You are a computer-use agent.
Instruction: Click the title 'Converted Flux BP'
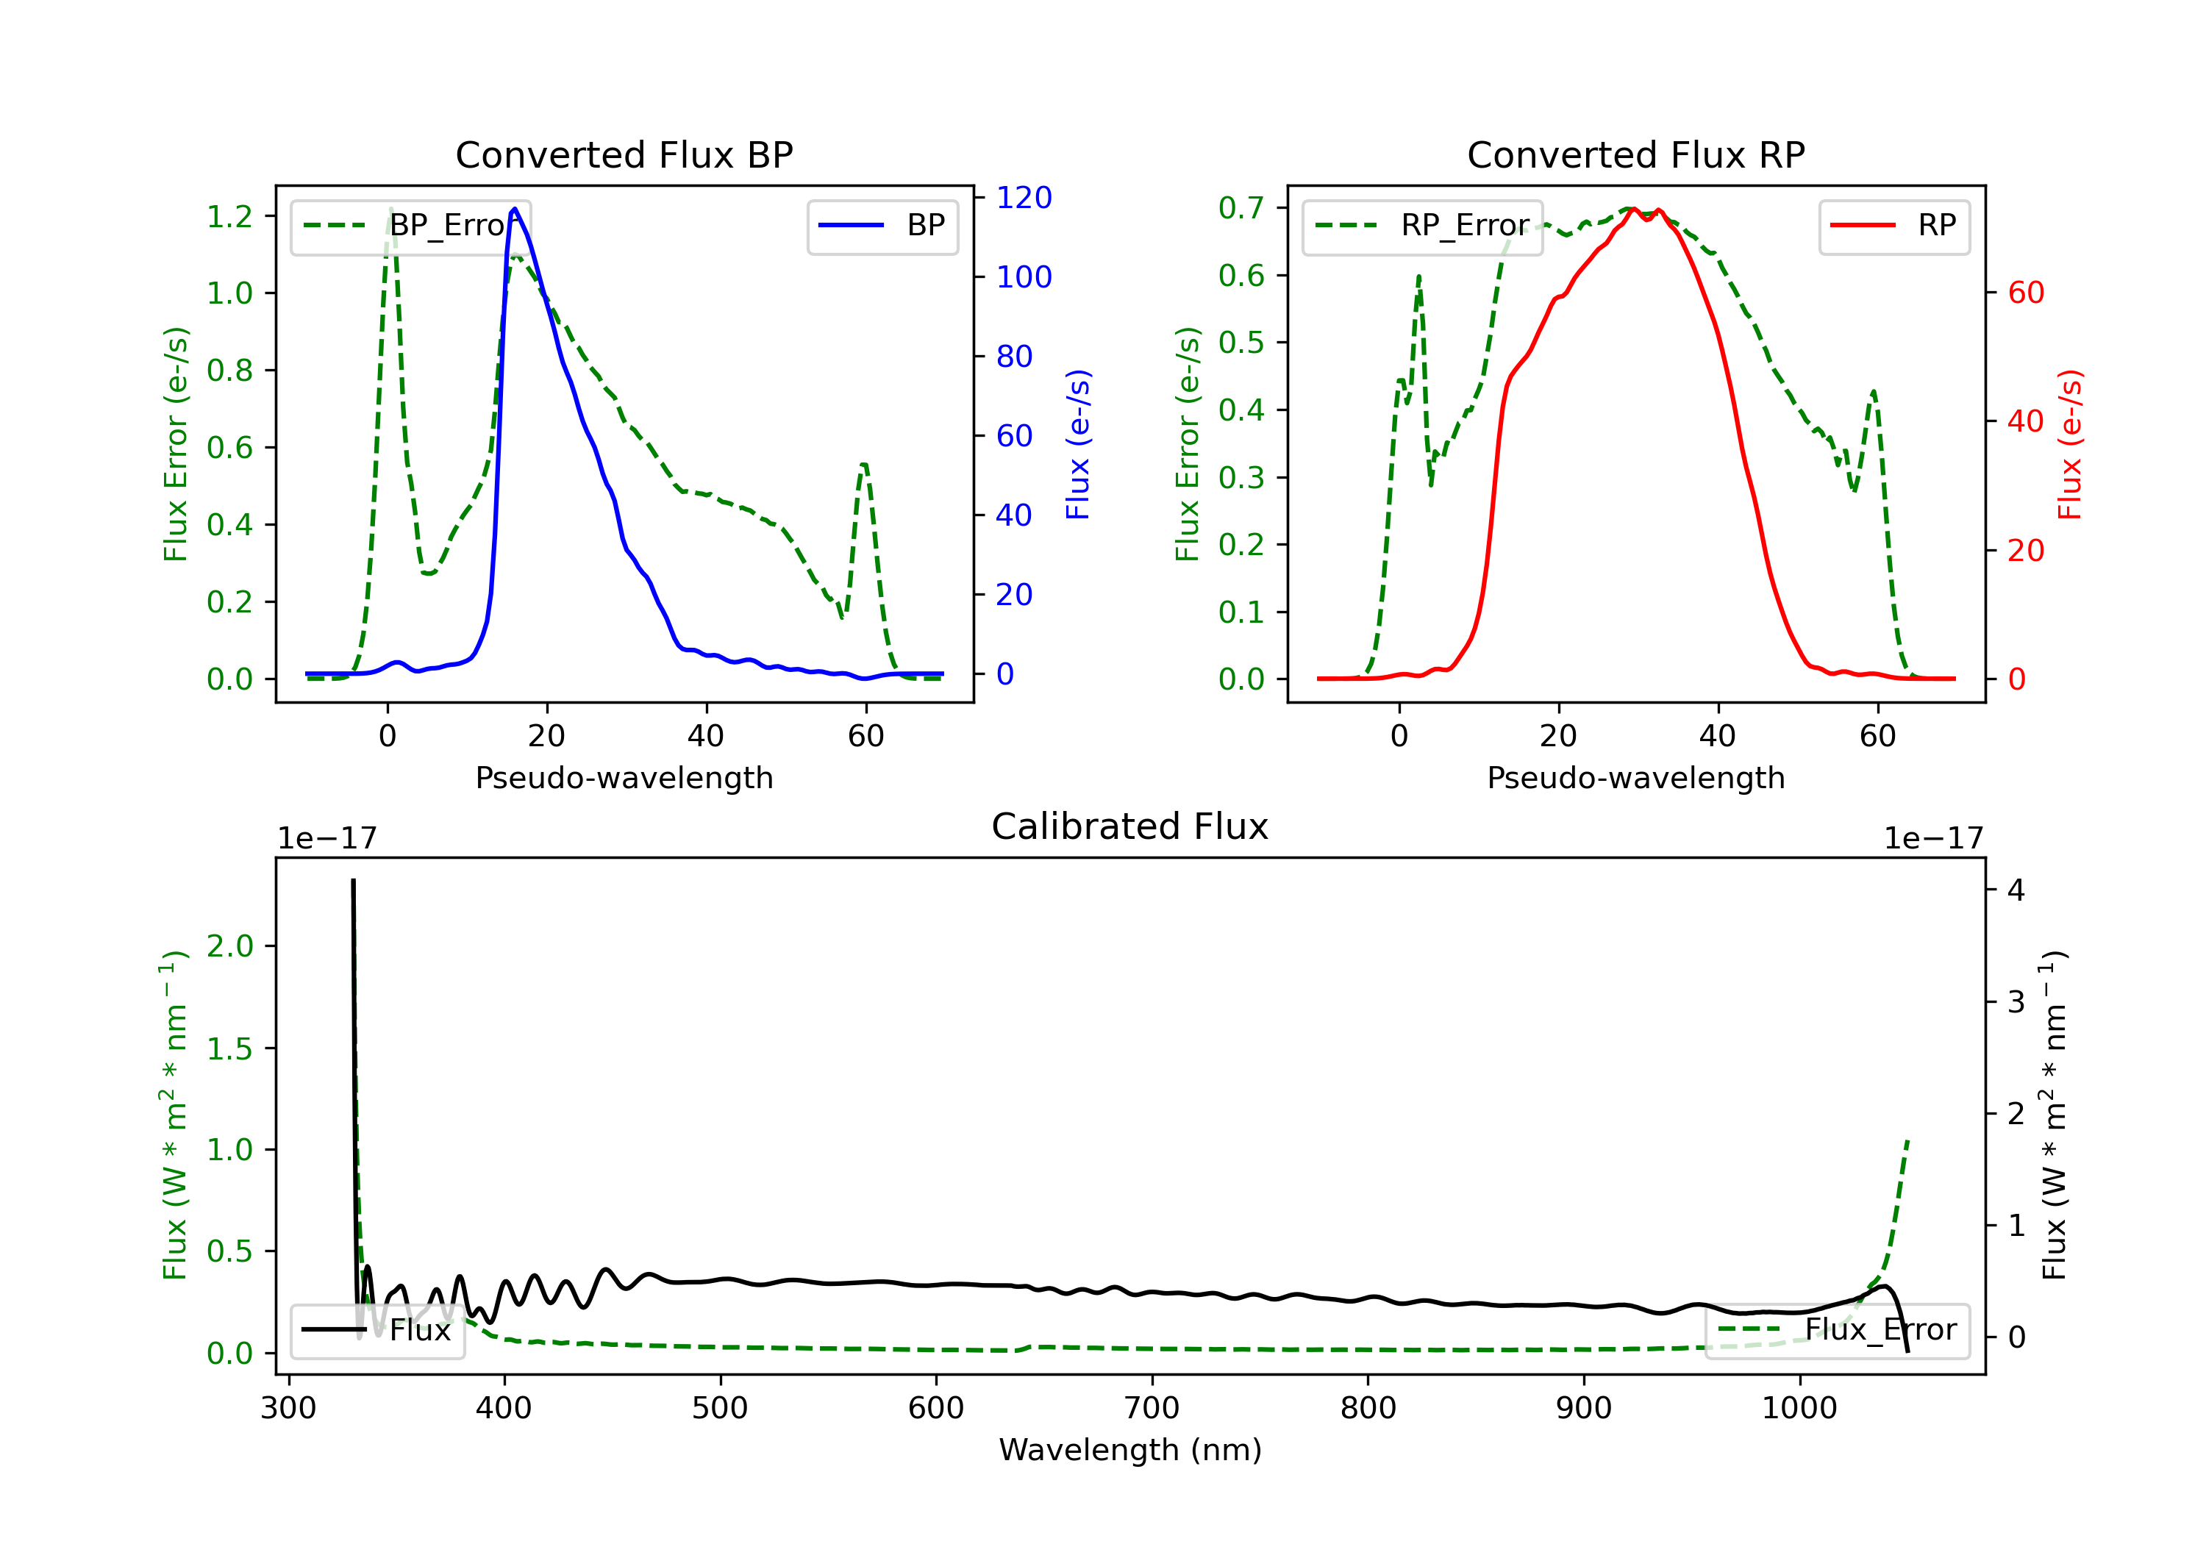pos(624,154)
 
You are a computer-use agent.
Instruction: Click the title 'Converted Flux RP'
pos(1635,154)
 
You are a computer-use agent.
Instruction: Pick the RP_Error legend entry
pos(1422,226)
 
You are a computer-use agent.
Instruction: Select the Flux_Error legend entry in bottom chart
pos(1837,1330)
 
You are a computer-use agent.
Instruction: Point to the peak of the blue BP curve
pos(515,209)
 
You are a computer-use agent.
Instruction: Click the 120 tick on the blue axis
pos(1024,198)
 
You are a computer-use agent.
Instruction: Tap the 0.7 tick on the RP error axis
pos(1241,207)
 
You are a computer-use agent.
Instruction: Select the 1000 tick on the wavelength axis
pos(1799,1409)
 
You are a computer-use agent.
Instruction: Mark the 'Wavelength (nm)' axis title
pos(1130,1450)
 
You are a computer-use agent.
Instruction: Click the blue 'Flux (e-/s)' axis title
pos(1078,444)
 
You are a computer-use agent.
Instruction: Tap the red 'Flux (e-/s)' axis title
pos(2069,444)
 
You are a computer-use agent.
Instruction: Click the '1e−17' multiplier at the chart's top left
pos(326,839)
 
